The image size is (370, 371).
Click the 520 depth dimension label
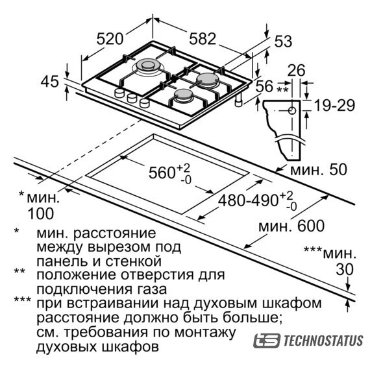click(x=110, y=39)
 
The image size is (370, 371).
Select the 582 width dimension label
click(x=203, y=38)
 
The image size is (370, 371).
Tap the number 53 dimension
click(x=283, y=41)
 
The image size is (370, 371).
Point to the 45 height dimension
click(x=49, y=82)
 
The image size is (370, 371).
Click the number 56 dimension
click(x=264, y=86)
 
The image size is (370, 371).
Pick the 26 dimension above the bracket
click(x=297, y=70)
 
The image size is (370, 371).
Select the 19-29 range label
click(x=334, y=105)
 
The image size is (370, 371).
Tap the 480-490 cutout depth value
click(x=248, y=201)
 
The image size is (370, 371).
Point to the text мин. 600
click(x=291, y=226)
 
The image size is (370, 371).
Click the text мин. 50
click(x=319, y=170)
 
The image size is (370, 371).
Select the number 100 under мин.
click(x=41, y=213)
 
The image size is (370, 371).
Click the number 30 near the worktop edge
click(x=345, y=269)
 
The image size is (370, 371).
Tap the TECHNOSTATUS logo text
click(x=323, y=341)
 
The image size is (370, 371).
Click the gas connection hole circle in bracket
click(x=292, y=110)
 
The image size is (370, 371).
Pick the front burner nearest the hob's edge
click(x=183, y=95)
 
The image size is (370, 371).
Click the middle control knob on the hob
click(x=132, y=98)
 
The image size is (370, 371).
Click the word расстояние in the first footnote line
click(x=115, y=233)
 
